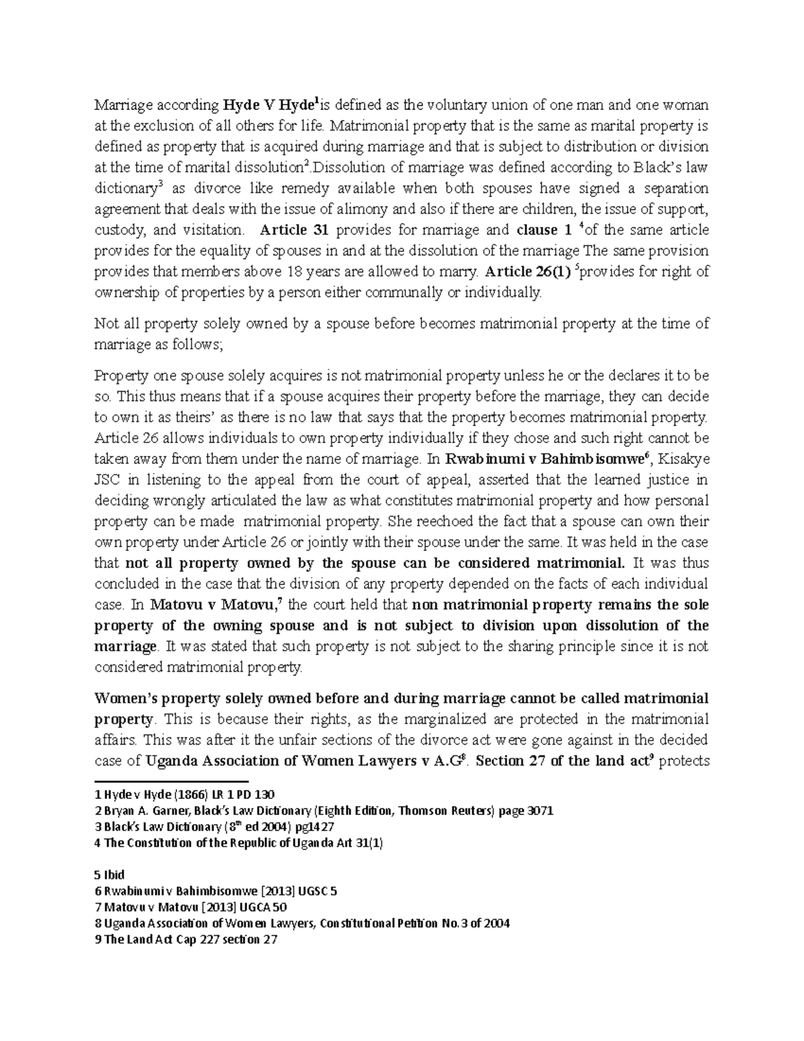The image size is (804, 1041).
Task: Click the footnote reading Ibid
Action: tap(111, 875)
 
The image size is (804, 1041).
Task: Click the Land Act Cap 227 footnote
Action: tap(187, 940)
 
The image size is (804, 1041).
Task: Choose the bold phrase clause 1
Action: tap(545, 231)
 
